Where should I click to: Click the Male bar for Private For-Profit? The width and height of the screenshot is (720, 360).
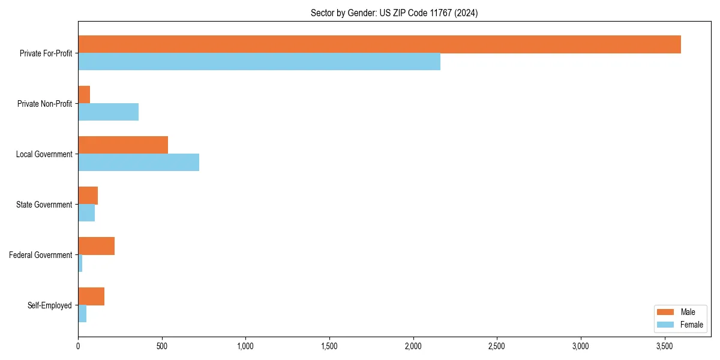tap(379, 44)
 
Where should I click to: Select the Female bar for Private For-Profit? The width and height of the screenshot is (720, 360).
tap(259, 62)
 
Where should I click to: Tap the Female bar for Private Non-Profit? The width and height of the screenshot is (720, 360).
tap(109, 112)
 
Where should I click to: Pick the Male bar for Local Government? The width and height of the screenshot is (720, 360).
tap(123, 145)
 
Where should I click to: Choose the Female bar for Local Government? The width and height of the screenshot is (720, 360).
tap(139, 163)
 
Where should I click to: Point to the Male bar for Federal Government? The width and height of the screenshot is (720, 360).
tap(97, 246)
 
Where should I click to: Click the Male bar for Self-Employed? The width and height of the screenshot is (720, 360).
tap(91, 296)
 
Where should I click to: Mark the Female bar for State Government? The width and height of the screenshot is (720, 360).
tap(86, 213)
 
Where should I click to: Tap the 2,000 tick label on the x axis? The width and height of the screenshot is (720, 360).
tap(413, 346)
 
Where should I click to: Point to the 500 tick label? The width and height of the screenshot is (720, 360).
tap(161, 346)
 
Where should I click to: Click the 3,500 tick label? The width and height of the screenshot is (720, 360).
tap(664, 346)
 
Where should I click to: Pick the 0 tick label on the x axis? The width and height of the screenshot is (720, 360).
tap(78, 346)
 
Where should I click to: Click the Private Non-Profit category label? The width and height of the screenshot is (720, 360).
tap(44, 104)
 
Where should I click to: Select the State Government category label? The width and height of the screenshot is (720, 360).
tap(44, 205)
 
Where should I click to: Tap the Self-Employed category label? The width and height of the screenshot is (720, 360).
tap(49, 305)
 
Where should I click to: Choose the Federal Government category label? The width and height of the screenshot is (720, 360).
tap(41, 255)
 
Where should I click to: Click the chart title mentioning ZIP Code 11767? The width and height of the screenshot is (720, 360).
tap(394, 13)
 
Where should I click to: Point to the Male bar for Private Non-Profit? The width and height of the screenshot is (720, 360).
tap(84, 95)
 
